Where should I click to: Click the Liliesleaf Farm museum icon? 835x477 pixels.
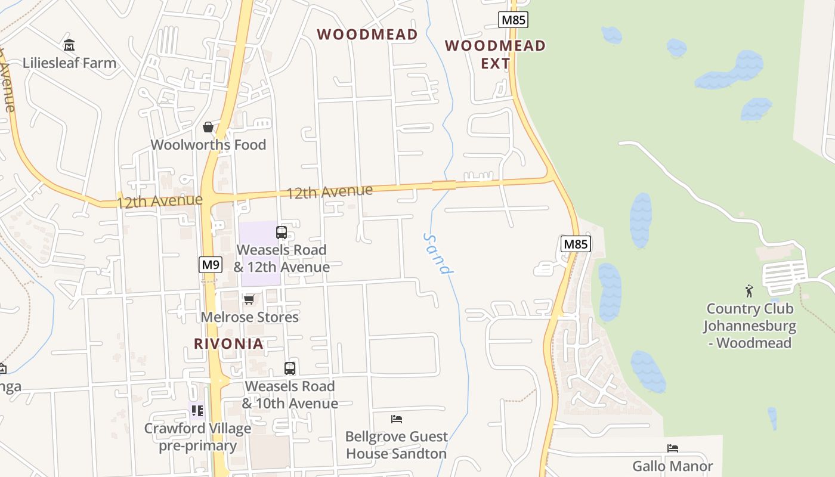[69, 45]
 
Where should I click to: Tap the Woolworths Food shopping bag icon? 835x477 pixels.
[208, 127]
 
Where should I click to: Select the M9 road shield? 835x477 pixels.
[211, 264]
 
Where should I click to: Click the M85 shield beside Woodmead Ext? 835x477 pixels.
[513, 20]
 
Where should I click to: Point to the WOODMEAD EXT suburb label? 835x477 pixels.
[495, 54]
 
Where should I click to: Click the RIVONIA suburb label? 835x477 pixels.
[228, 343]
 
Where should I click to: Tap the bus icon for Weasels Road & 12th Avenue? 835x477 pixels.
[282, 232]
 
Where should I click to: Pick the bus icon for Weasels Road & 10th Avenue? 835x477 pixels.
[290, 368]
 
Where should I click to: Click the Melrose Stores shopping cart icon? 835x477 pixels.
[249, 299]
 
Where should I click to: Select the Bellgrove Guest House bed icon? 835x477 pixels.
[397, 419]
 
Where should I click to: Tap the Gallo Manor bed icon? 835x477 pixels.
[673, 448]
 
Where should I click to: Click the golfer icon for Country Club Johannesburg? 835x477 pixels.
[749, 291]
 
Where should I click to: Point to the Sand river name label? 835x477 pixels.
[437, 253]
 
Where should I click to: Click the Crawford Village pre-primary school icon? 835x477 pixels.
[197, 410]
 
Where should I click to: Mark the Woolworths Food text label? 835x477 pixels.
[208, 145]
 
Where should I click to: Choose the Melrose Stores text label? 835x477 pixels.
[249, 317]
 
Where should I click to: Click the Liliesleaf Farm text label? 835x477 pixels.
[69, 63]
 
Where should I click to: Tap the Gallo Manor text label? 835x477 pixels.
[673, 466]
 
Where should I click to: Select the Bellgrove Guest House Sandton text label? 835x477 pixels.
[397, 445]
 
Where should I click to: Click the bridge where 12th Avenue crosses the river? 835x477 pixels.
[444, 185]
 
